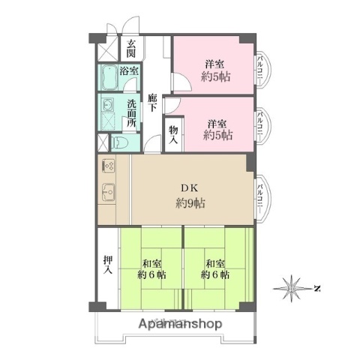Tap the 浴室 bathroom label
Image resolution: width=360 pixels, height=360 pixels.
click(x=129, y=71)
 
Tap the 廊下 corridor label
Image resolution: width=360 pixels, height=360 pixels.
click(x=152, y=102)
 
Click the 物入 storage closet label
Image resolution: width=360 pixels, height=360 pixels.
click(x=172, y=133)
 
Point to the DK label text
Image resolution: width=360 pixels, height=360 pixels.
click(x=187, y=189)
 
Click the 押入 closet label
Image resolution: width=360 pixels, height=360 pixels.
click(x=107, y=265)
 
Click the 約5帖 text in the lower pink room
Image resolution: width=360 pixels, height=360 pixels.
click(x=218, y=136)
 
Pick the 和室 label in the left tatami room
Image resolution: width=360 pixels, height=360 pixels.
click(x=151, y=264)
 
